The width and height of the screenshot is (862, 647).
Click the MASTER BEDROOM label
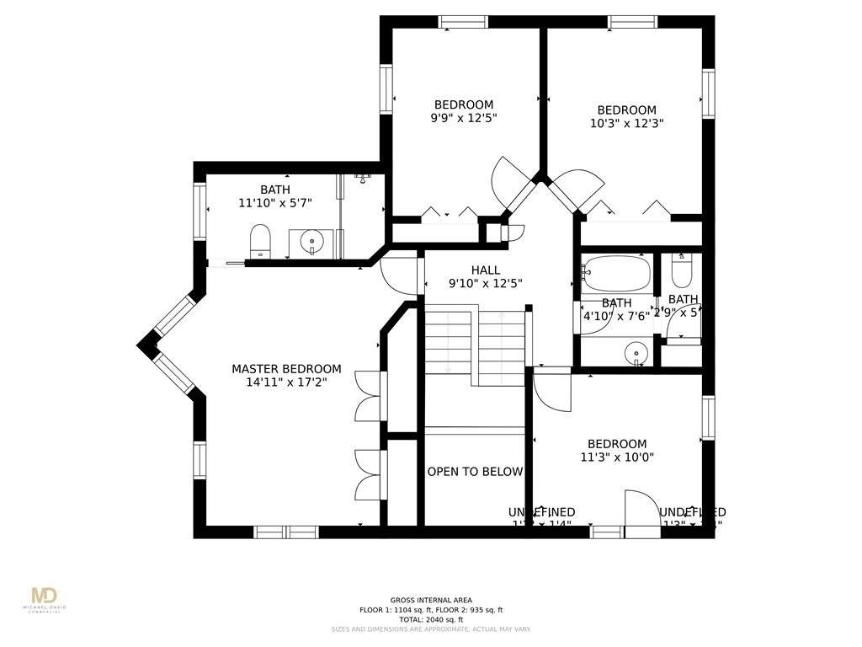(x=286, y=369)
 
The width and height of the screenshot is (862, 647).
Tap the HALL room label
(x=486, y=270)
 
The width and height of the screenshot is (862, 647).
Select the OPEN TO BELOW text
(x=475, y=472)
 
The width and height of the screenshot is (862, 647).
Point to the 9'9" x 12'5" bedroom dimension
(x=463, y=119)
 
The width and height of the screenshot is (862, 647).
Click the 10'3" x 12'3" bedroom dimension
(x=626, y=123)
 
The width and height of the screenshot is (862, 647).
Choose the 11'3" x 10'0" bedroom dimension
(x=617, y=457)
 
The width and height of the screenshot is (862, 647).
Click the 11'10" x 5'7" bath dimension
(x=275, y=203)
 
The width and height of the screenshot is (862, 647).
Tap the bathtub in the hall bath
(x=616, y=273)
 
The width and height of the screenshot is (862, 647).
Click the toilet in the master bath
(x=260, y=240)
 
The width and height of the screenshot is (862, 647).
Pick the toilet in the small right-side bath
(x=681, y=270)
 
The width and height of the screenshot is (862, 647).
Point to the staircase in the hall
(x=475, y=345)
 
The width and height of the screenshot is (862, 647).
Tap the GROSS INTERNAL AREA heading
(x=430, y=599)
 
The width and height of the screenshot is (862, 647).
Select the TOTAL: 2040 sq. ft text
(x=430, y=619)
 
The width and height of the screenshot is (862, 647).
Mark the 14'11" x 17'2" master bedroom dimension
(x=286, y=382)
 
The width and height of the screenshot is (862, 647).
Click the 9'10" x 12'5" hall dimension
(x=486, y=284)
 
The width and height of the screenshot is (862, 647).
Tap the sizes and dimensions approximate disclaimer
(x=430, y=629)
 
